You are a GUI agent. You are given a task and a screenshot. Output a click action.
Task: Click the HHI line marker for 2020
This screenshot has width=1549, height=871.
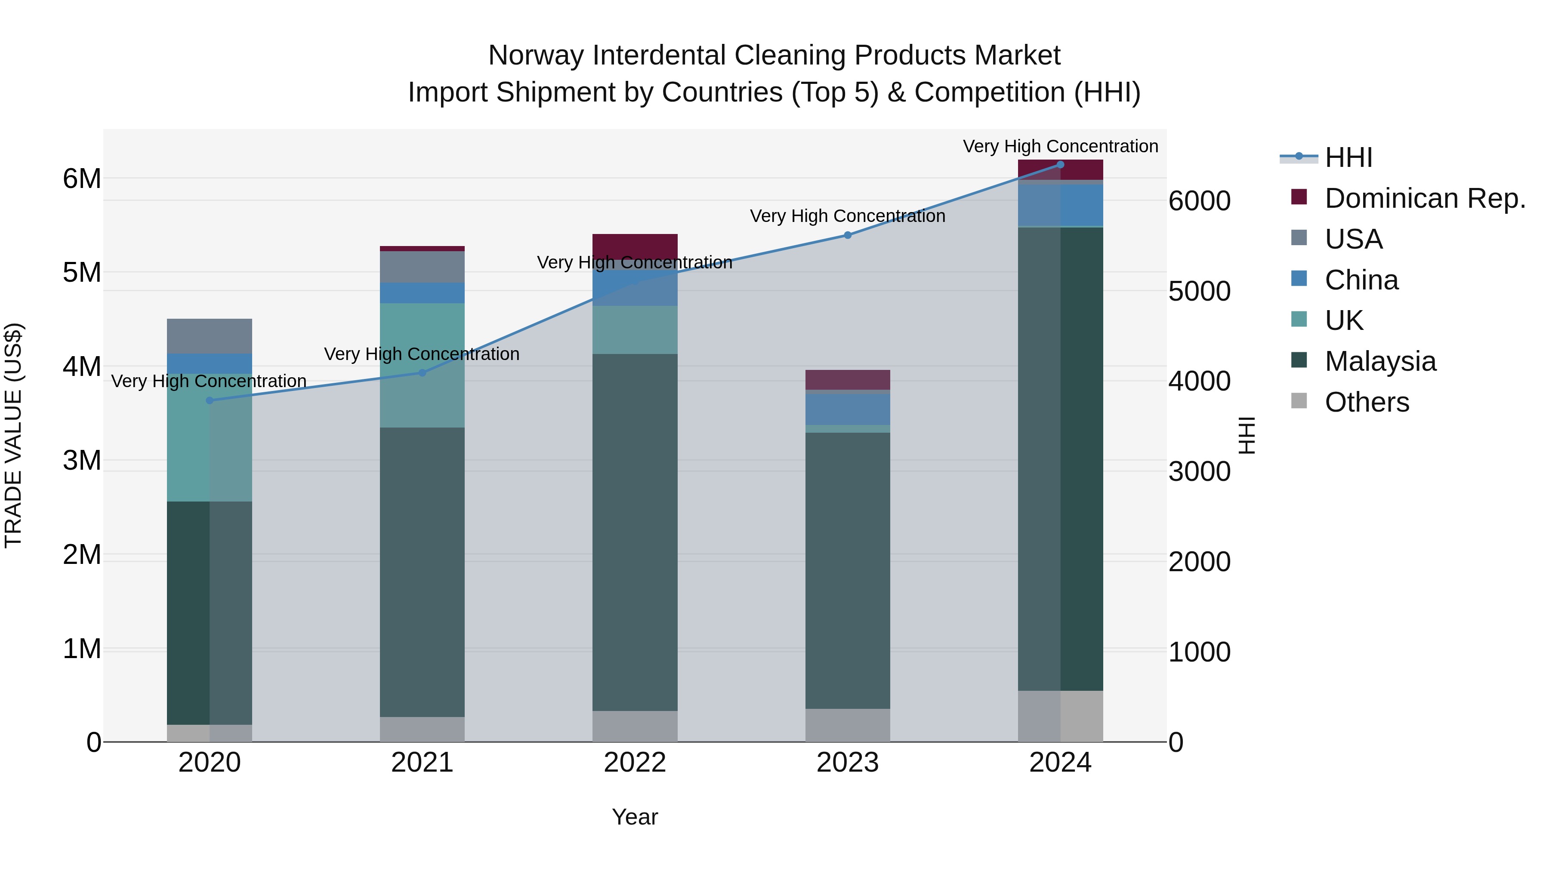[x=209, y=400]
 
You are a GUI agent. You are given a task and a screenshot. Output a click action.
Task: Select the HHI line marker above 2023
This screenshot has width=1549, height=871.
[x=848, y=235]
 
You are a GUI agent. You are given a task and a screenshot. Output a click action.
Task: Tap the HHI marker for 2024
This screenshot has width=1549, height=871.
[x=1060, y=165]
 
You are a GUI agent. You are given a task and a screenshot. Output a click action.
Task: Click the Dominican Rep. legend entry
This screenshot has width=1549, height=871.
[x=1425, y=198]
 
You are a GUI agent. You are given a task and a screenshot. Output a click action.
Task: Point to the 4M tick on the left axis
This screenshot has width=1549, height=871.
[x=82, y=366]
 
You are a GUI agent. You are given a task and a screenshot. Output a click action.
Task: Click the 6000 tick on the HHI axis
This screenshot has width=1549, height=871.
[x=1199, y=201]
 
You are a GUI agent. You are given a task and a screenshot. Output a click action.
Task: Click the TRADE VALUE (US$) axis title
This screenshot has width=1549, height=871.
[x=13, y=435]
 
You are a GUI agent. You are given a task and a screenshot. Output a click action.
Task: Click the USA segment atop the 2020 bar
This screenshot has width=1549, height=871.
[x=209, y=335]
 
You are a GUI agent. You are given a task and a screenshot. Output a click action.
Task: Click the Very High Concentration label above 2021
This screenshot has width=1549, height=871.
[x=422, y=354]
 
